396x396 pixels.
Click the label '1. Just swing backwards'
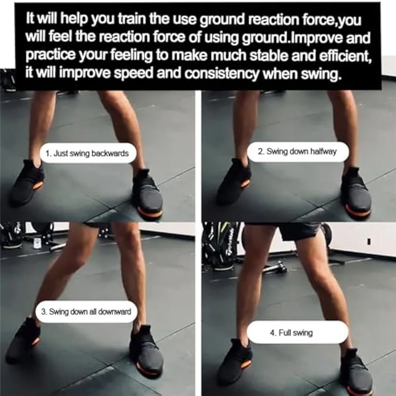[x=87, y=153]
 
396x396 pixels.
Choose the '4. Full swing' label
[x=298, y=332]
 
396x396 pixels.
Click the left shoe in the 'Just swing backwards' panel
[x=27, y=183]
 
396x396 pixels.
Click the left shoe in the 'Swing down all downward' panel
[x=23, y=340]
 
